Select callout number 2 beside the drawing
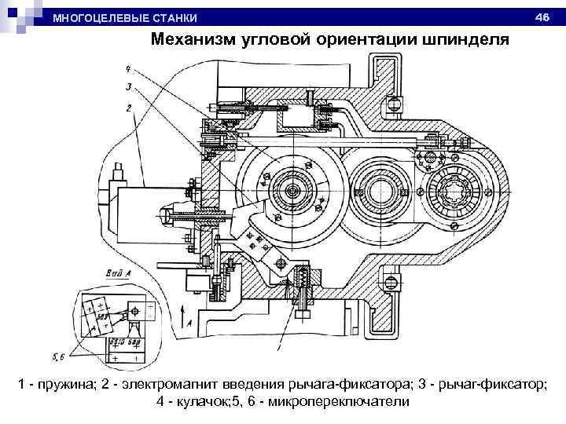click(127, 108)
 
